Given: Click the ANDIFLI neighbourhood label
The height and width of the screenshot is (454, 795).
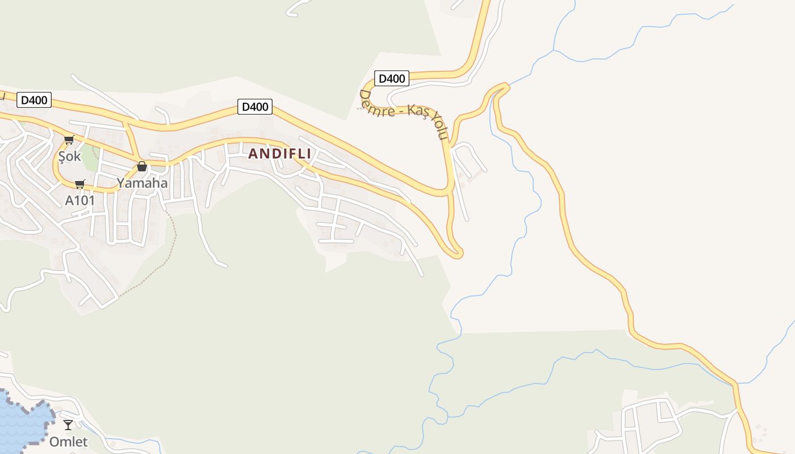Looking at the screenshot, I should (279, 154).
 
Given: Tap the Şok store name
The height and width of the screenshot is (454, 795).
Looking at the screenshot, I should (70, 155).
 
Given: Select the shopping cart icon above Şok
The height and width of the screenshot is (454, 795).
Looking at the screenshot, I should (69, 140).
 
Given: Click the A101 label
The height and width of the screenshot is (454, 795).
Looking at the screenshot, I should (79, 200).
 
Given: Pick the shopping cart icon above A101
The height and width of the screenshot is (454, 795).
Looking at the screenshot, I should (79, 184).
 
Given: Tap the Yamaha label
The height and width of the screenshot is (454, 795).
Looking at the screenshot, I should (142, 183).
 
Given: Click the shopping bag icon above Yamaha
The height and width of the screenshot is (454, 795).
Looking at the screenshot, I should (142, 166).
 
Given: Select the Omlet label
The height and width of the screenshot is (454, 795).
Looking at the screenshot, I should (68, 442).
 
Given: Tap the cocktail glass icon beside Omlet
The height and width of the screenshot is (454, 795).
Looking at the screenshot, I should (68, 424).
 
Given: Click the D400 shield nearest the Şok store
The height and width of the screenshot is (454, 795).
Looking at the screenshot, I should (34, 100).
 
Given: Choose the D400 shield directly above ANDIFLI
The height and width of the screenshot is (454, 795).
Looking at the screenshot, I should (254, 107).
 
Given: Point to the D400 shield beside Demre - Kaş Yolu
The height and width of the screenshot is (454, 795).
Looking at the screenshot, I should (391, 78).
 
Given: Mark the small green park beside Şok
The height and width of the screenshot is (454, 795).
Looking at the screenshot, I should (90, 158).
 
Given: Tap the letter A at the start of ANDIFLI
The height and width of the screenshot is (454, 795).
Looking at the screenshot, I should (253, 154).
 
